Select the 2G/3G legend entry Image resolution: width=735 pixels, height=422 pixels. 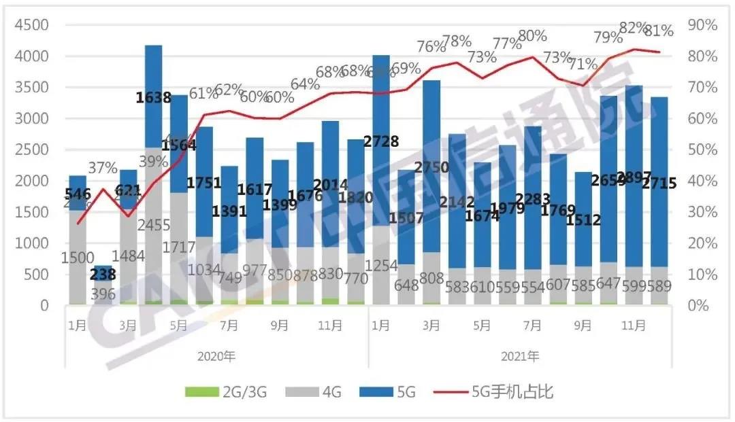pos(231,391)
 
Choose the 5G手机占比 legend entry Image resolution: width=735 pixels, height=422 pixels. pos(507,391)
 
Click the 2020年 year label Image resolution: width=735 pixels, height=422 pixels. pos(216,355)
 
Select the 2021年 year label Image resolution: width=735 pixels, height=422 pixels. pos(520,355)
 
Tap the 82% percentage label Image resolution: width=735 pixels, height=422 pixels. pos(633,28)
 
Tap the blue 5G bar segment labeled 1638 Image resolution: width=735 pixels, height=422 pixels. pos(153,99)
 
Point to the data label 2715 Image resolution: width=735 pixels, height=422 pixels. pos(659,183)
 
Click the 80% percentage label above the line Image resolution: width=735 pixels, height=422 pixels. pos(532,36)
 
